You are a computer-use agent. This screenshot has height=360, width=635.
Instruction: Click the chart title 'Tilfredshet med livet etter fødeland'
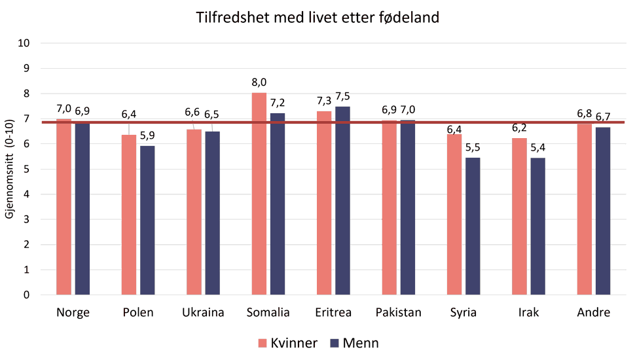317,18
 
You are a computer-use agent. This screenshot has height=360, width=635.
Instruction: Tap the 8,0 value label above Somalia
259,83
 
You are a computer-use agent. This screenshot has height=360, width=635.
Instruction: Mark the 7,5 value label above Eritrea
343,96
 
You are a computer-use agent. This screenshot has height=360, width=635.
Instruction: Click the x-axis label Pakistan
399,312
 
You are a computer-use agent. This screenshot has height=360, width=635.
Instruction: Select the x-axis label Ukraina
203,312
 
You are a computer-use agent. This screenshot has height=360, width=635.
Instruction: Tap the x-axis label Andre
593,312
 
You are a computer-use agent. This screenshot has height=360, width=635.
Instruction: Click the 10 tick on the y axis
27,43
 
